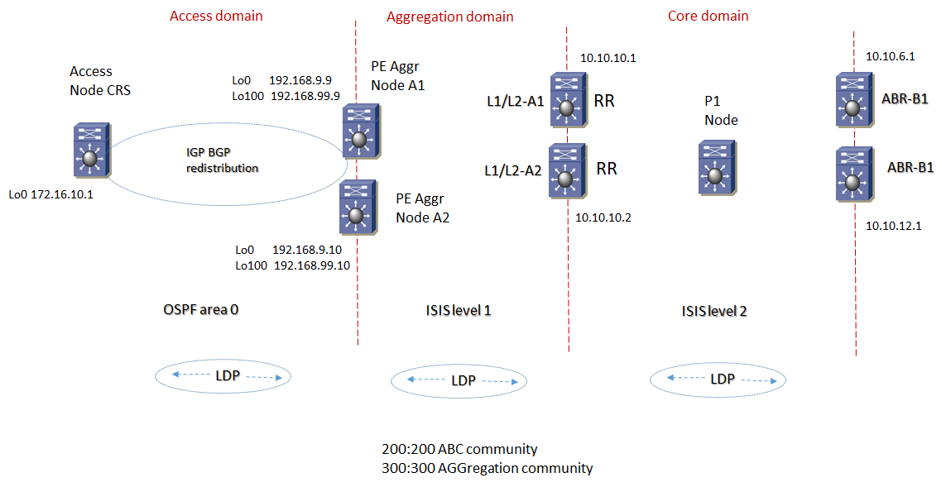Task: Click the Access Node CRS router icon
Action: point(89,150)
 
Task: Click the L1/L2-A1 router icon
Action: point(567,101)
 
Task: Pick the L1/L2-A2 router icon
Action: point(566,171)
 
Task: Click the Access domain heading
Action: point(216,16)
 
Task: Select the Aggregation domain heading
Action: point(450,17)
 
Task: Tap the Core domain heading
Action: point(708,16)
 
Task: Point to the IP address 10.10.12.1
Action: point(893,225)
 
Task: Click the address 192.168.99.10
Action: point(312,265)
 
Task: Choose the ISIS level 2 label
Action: point(714,311)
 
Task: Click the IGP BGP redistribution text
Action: point(222,160)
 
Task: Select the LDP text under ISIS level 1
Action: point(463,381)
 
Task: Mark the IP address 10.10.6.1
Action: point(890,57)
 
